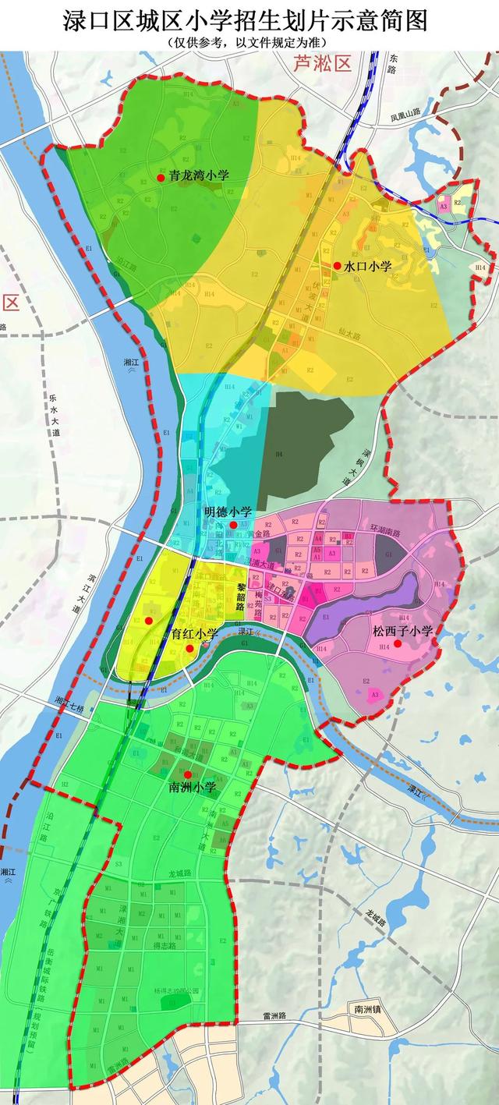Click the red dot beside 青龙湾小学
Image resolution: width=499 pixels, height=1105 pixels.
pyautogui.click(x=161, y=178)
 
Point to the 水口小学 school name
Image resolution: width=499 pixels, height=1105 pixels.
pyautogui.click(x=368, y=266)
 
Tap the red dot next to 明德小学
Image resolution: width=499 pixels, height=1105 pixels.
pyautogui.click(x=232, y=525)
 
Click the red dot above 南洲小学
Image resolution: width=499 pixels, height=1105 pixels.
pyautogui.click(x=187, y=774)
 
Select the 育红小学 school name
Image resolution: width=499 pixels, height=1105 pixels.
pyautogui.click(x=195, y=634)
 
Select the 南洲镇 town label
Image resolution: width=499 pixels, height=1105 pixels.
pyautogui.click(x=369, y=1009)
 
